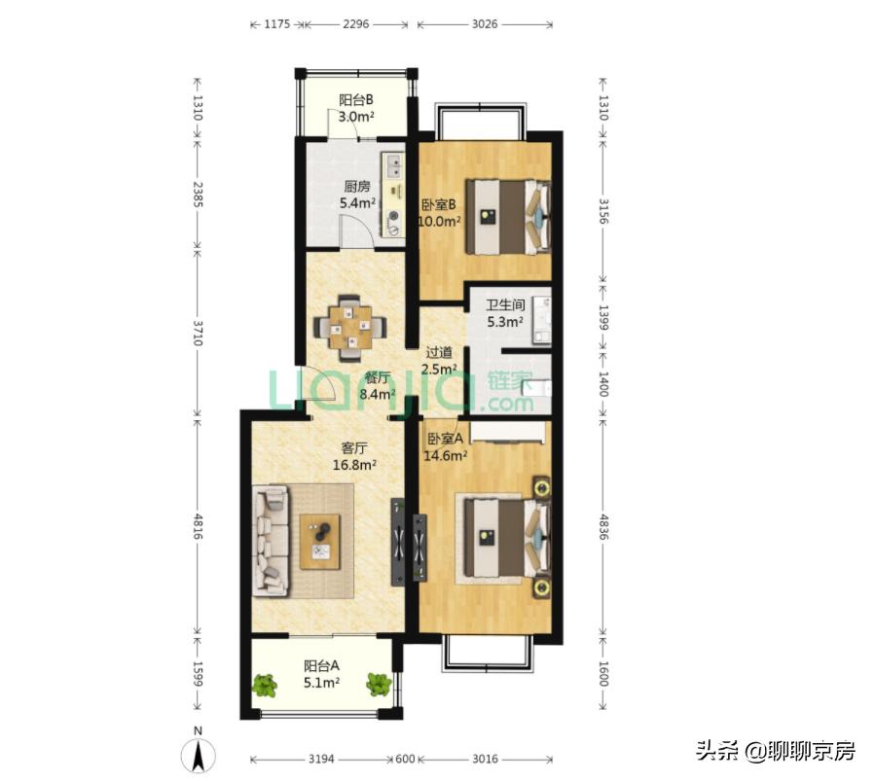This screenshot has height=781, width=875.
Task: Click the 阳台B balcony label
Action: pos(356,99)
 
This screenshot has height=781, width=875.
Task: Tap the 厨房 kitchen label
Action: pos(356,187)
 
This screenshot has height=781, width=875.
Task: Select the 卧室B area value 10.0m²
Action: pos(439,221)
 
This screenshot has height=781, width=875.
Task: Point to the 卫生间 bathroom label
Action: pos(505,304)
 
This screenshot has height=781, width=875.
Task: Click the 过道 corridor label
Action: pos(439,352)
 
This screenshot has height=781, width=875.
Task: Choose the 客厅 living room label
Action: pos(353,448)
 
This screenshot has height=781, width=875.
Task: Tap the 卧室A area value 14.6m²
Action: pos(445,454)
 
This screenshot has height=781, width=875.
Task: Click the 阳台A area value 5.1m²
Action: pos(320,683)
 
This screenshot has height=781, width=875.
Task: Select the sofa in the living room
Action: pos(272,541)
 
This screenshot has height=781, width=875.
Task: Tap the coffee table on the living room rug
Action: pos(320,541)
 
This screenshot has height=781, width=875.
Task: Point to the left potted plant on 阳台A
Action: pos(265,685)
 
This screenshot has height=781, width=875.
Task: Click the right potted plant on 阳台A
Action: pos(379,685)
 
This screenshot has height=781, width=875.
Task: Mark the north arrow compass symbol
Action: pos(198,753)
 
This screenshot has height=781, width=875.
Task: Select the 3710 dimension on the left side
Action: pos(198,333)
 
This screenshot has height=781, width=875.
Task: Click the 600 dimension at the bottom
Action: pos(405,759)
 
